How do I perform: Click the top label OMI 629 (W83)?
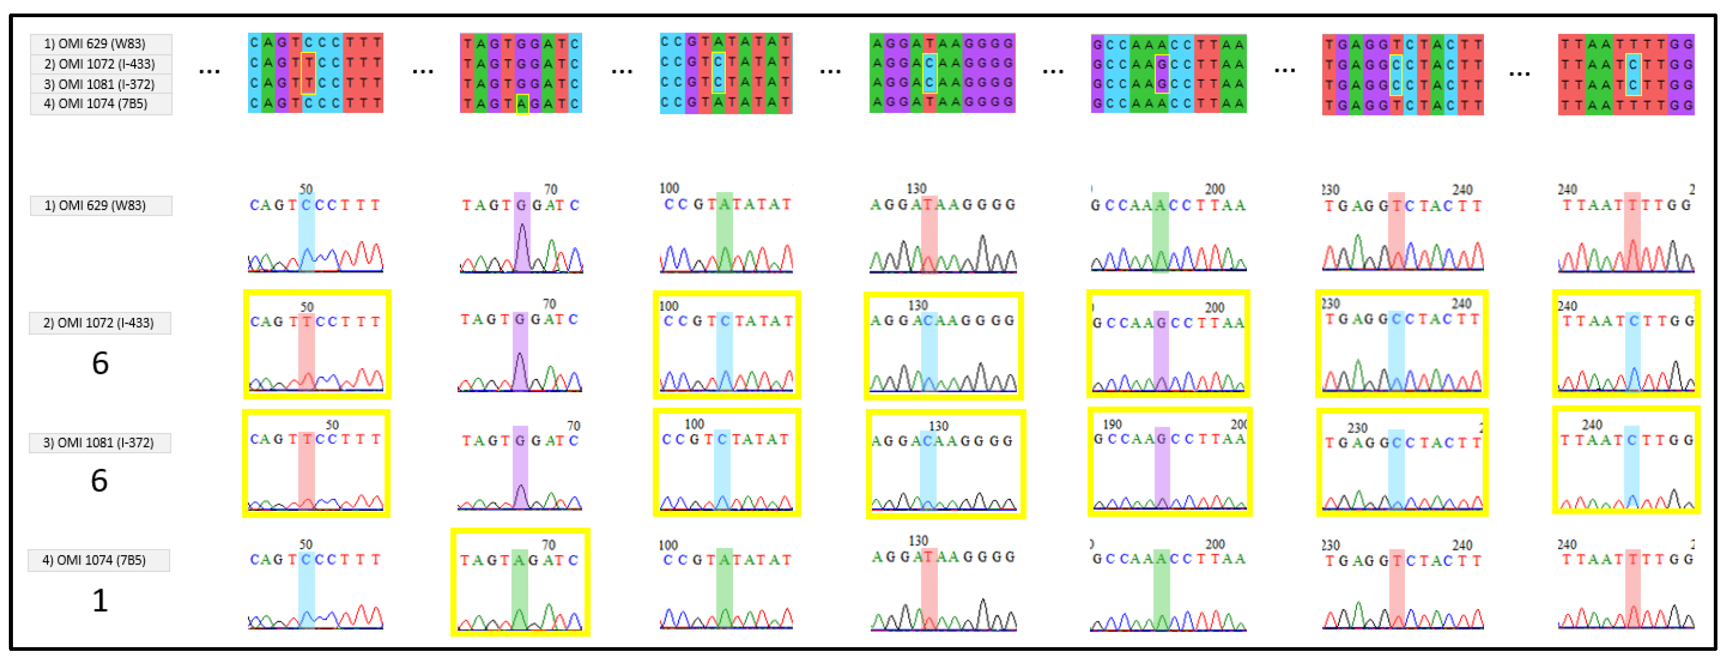[101, 44]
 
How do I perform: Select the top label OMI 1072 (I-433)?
[101, 64]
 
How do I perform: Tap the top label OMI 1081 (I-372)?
[101, 84]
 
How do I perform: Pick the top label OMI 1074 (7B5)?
[101, 104]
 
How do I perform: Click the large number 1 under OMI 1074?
[99, 599]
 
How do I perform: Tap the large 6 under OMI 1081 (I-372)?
[99, 480]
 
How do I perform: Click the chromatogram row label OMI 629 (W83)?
[101, 205]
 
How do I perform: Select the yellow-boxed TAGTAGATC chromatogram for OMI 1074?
[520, 582]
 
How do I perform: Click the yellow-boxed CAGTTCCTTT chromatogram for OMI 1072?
[317, 344]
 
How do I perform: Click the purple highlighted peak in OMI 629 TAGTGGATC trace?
[522, 242]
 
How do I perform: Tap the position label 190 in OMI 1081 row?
[1112, 425]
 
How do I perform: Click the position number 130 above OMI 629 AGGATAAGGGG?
[916, 188]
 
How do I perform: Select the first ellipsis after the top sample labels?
[209, 71]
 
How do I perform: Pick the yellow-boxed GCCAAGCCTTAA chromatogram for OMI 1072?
[1168, 344]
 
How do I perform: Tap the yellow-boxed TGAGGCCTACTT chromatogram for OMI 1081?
[1401, 463]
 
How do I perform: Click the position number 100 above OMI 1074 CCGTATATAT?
[668, 545]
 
